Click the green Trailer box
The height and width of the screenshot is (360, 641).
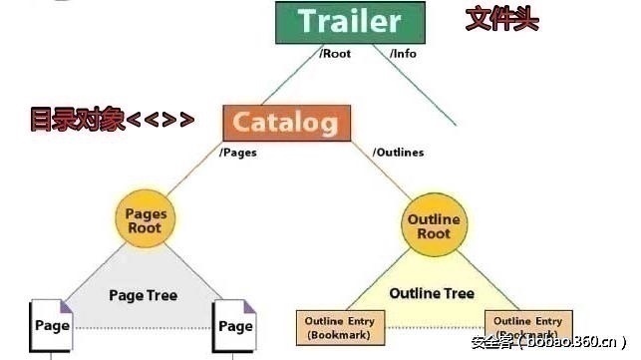(350, 23)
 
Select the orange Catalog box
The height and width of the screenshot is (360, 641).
(286, 123)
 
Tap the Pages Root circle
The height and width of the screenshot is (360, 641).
(146, 218)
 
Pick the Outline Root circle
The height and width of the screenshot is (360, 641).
(434, 225)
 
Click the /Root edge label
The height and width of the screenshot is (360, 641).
(335, 54)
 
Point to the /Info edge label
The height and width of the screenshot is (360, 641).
(403, 54)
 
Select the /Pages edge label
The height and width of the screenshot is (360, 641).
(238, 153)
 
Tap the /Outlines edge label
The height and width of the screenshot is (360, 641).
(398, 153)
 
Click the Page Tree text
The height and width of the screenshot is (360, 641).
(144, 295)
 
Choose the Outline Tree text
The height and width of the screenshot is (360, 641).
(432, 293)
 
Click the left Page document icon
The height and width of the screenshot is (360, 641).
(51, 326)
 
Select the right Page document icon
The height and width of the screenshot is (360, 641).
(234, 326)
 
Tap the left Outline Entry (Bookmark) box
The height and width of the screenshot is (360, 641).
(340, 328)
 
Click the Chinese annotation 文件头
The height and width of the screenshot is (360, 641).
(502, 19)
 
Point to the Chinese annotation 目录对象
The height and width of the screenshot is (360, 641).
(77, 119)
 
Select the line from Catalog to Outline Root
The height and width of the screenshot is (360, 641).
(381, 171)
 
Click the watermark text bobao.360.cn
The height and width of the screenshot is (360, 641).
(572, 342)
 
